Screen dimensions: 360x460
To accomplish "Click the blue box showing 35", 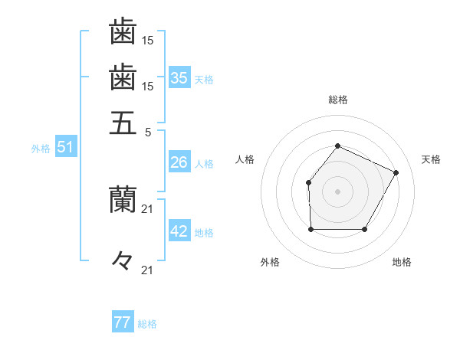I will [179, 78].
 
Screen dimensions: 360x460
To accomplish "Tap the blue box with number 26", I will [179, 162].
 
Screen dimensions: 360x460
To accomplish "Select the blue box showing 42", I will [179, 231].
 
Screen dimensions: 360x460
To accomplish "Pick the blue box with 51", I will [65, 147].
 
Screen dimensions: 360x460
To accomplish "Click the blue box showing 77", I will [122, 322].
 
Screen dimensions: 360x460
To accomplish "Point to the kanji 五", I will [123, 123].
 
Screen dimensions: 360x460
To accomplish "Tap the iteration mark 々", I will [123, 261].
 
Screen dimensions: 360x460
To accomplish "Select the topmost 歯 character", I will [123, 32].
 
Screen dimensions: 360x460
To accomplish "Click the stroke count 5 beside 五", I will [147, 131].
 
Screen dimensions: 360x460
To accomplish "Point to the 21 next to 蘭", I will [148, 208].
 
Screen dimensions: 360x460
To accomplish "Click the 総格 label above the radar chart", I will [337, 100].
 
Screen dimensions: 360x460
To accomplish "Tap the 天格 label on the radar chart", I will [431, 159].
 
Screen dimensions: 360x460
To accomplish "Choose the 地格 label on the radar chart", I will [402, 262].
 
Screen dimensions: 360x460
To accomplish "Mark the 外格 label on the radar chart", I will [270, 262].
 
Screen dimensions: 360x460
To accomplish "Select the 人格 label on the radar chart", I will [245, 159].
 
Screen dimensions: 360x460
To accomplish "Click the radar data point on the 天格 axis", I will [396, 172].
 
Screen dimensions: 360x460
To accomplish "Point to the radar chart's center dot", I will [337, 191].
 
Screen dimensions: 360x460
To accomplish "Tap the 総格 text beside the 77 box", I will [147, 324].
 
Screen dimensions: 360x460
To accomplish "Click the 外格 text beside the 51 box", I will [41, 149].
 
